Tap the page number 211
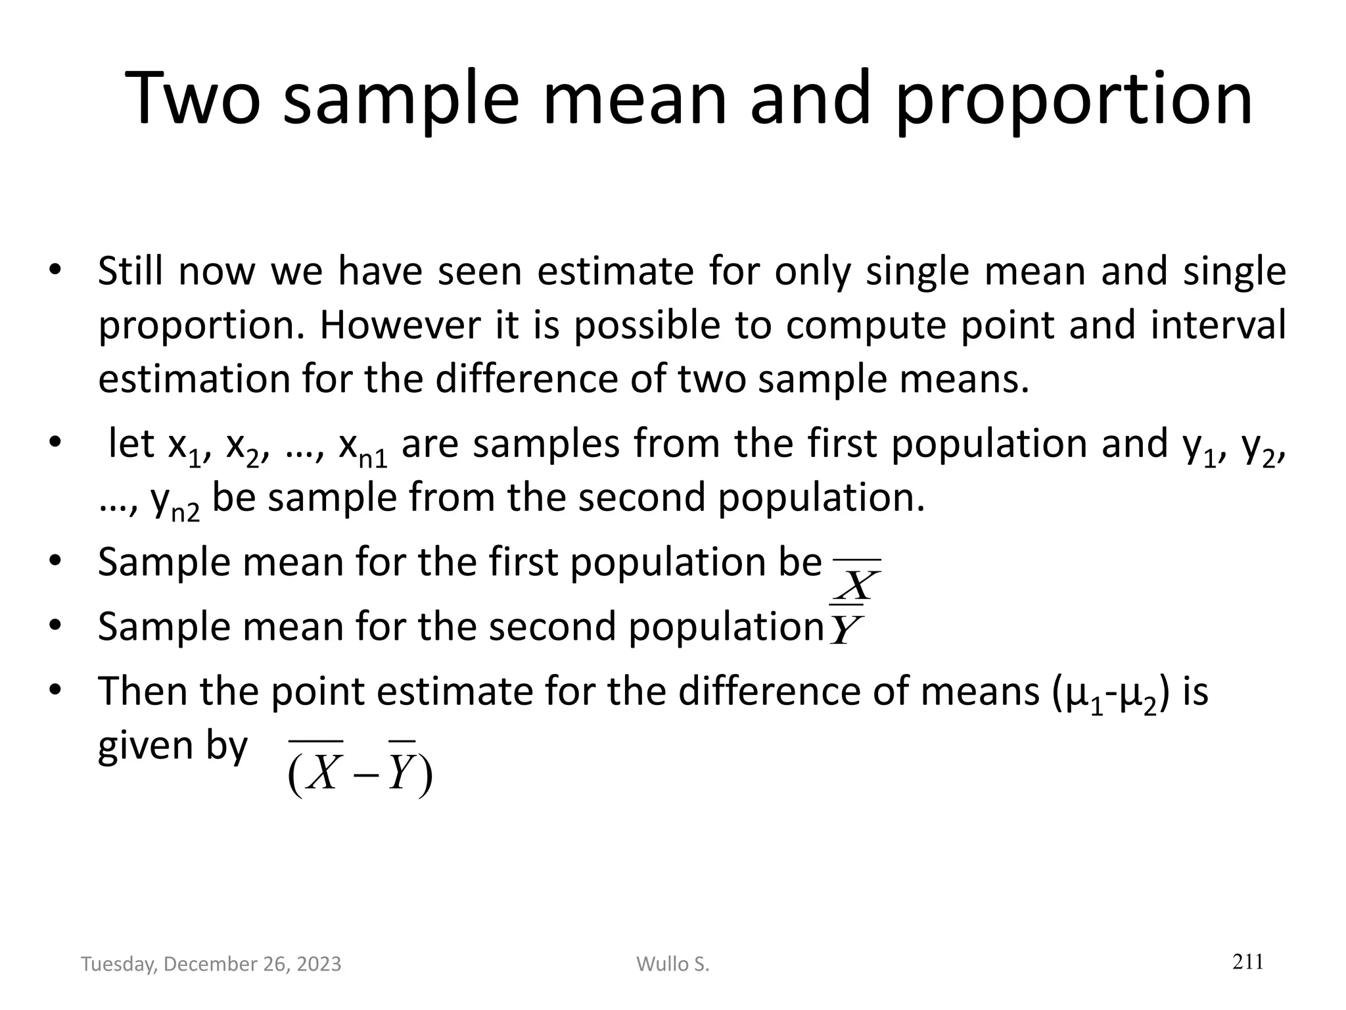tap(1247, 962)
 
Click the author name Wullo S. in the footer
tap(673, 964)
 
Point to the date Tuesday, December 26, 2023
tap(211, 964)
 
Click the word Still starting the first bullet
tap(131, 271)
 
